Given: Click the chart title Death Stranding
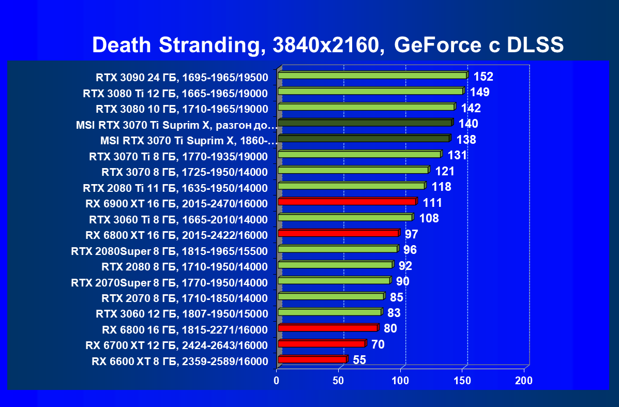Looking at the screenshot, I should [x=327, y=46].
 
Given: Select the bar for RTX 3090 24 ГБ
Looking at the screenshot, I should [x=372, y=76].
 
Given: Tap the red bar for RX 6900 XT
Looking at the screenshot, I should [x=346, y=201].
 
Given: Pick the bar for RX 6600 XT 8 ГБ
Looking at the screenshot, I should [x=312, y=359].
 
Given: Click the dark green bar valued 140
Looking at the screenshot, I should [x=365, y=123].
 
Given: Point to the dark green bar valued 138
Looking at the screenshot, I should [x=364, y=139].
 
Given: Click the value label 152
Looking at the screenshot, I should [x=484, y=77].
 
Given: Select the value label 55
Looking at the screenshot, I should [x=359, y=360].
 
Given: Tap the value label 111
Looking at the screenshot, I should [x=432, y=203].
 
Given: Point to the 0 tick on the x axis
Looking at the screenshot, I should [x=277, y=381].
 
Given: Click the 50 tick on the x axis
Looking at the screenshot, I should [x=338, y=381].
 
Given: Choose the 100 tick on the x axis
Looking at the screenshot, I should [x=400, y=381].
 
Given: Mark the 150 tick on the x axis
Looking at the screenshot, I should [x=462, y=381].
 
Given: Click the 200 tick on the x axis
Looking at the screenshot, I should [x=524, y=381].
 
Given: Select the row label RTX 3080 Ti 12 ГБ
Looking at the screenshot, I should [x=175, y=94].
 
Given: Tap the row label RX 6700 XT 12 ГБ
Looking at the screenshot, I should [x=176, y=345].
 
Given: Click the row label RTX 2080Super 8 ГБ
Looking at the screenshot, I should [x=170, y=251].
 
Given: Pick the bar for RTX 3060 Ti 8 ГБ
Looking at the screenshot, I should [x=345, y=217].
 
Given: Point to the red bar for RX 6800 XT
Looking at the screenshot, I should [x=338, y=233].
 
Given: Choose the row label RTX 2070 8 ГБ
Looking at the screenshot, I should [x=185, y=298].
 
